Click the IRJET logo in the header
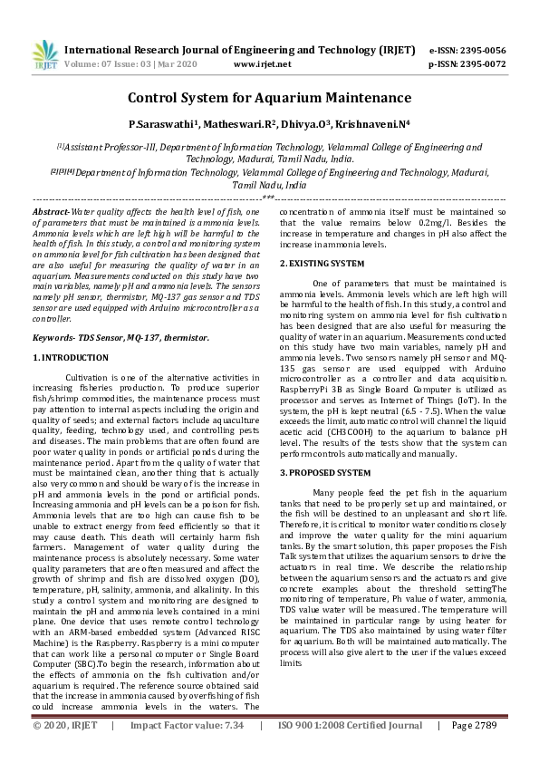(43, 56)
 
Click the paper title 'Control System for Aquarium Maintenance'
(269, 97)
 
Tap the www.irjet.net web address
(262, 64)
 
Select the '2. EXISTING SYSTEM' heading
(322, 264)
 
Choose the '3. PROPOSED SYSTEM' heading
(324, 473)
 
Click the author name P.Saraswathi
(162, 123)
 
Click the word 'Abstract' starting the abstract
(51, 210)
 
